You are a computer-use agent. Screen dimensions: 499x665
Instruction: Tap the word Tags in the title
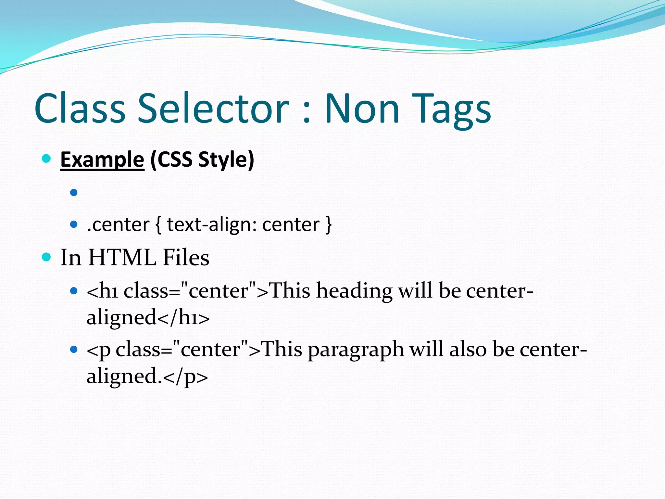[453, 109]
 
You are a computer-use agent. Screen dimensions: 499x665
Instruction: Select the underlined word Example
[102, 160]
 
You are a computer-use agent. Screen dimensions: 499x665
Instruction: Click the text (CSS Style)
[202, 160]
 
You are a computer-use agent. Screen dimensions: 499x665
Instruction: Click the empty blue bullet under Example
[74, 193]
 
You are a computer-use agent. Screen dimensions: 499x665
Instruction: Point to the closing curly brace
[328, 225]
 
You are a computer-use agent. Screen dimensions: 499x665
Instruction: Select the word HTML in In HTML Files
[122, 258]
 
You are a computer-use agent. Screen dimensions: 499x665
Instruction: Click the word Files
[186, 258]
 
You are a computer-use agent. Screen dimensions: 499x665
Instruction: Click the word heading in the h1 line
[354, 290]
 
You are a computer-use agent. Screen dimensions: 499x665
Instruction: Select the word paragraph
[356, 350]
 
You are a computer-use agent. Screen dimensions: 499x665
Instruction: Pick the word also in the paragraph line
[468, 350]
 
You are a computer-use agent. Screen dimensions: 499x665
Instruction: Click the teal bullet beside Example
[47, 159]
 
